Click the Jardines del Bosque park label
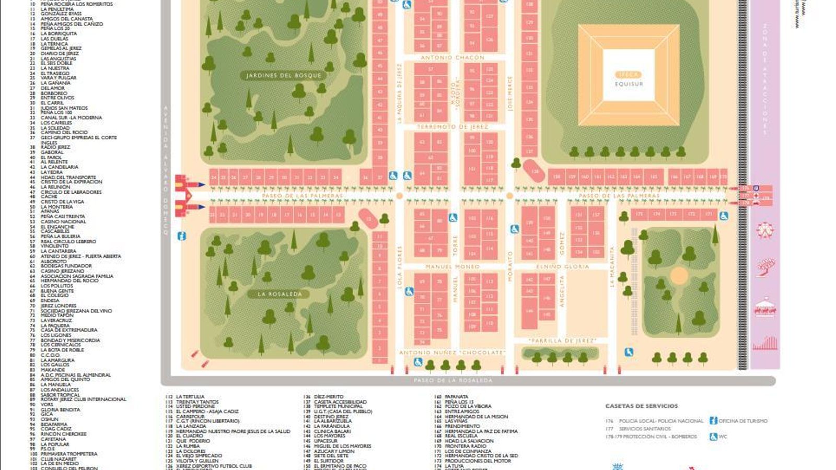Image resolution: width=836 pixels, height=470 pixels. click(x=284, y=76)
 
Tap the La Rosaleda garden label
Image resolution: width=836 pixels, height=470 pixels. click(x=280, y=294)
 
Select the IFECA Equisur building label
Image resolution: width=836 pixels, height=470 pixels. click(x=629, y=79)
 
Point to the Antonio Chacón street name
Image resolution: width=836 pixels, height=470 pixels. click(x=452, y=57)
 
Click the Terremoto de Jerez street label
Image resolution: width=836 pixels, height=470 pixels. click(x=452, y=127)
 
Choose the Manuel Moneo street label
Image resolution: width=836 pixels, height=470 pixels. click(x=452, y=266)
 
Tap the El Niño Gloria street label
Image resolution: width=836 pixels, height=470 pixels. click(x=562, y=266)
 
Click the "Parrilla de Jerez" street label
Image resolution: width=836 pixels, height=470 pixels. click(x=562, y=340)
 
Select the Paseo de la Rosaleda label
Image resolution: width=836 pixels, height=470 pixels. click(x=453, y=380)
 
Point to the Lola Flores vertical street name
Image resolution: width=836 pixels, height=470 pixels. click(x=400, y=267)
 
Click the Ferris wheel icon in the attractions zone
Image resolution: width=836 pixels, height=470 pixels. click(x=765, y=230)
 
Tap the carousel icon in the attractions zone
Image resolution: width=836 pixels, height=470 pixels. click(x=765, y=307)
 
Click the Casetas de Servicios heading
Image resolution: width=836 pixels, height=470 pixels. click(x=641, y=406)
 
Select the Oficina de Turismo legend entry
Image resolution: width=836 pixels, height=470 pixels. click(x=742, y=420)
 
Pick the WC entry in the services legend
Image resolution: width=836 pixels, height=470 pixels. click(x=723, y=437)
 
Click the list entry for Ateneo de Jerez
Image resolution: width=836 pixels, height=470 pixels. click(x=80, y=256)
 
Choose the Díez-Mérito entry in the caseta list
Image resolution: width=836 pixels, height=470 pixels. click(x=329, y=397)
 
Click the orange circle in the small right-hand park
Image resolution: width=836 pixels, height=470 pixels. click(x=679, y=275)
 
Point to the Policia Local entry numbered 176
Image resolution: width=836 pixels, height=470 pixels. click(x=661, y=420)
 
